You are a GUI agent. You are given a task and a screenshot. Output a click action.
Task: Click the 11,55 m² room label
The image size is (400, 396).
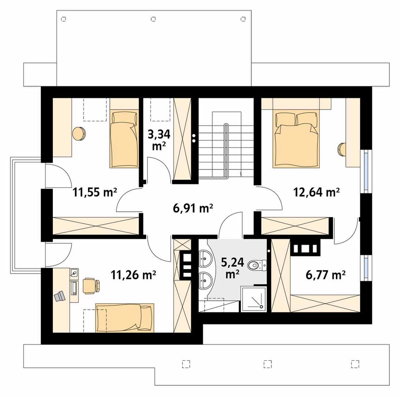point(95,192)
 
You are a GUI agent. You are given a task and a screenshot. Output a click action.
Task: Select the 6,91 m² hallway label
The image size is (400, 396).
point(193,209)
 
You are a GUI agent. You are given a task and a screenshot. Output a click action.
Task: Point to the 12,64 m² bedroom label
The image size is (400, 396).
point(316,192)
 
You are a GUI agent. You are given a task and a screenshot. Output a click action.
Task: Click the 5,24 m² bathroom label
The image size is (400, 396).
point(232,268)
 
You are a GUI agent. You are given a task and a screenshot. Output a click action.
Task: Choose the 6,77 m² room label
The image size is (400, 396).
point(326,275)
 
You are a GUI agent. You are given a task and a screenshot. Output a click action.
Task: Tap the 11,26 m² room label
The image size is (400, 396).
point(133,275)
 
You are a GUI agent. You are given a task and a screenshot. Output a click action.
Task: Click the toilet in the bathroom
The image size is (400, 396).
point(257,265)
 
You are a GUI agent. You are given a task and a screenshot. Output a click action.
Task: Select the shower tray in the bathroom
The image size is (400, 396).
point(254,299)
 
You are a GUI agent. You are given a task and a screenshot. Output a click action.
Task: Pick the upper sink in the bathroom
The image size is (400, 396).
point(206,258)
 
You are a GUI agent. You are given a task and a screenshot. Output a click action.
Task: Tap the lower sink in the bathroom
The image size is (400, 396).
point(206,280)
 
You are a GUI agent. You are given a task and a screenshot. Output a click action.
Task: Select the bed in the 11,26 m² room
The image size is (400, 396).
point(125,318)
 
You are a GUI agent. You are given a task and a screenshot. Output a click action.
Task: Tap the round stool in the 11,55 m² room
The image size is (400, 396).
point(79,133)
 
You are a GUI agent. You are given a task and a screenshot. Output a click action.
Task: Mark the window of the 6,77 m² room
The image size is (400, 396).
point(366,268)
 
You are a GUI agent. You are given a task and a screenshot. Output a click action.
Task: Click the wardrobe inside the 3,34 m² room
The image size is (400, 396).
point(182,139)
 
